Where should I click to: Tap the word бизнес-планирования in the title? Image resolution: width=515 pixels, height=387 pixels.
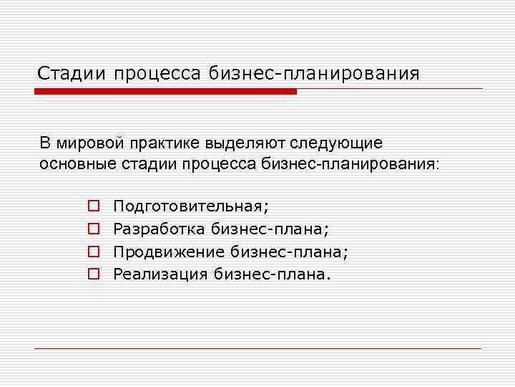point(315,74)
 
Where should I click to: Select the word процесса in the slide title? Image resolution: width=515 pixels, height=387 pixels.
point(158,74)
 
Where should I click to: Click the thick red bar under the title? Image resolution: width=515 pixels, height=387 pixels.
point(165,92)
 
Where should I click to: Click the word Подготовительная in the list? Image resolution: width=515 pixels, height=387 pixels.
point(189,207)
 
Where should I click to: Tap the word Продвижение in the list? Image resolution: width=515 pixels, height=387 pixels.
point(169,252)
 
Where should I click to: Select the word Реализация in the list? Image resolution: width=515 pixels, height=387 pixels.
point(160,274)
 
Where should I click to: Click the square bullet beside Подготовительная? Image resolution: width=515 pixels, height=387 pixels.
point(93,207)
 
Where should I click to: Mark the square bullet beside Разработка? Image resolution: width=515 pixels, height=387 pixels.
point(93,229)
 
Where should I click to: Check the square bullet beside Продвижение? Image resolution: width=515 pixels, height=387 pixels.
point(93,252)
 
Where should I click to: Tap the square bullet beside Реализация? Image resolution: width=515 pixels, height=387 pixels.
point(93,274)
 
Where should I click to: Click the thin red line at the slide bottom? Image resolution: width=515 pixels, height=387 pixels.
point(257,348)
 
